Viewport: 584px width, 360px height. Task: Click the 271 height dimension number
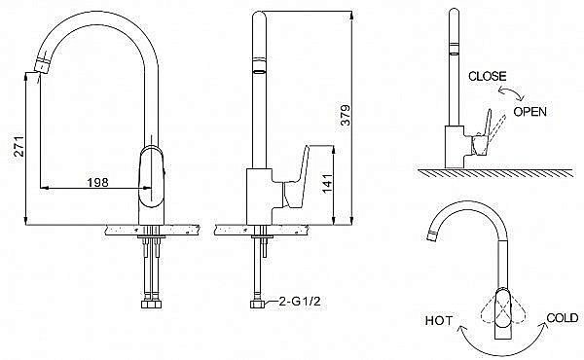click(18, 146)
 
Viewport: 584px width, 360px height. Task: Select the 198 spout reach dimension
click(97, 182)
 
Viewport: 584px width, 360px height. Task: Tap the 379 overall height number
click(346, 115)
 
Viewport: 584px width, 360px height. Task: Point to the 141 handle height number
click(327, 183)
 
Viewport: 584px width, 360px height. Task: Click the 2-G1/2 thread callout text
click(300, 301)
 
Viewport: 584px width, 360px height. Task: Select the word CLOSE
click(488, 76)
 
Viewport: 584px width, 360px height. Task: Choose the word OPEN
click(530, 111)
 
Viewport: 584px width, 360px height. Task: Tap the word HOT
click(439, 320)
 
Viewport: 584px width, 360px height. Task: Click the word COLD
click(563, 318)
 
